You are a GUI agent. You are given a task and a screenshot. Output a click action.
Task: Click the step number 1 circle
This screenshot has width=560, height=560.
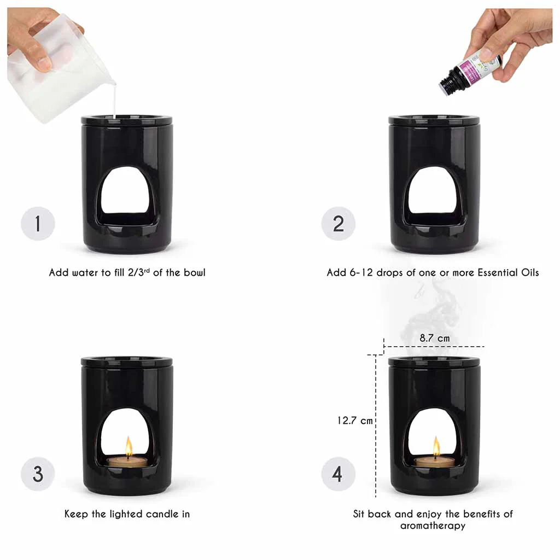(38, 224)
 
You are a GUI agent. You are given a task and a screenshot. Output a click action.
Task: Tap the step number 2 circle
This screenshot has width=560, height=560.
(338, 224)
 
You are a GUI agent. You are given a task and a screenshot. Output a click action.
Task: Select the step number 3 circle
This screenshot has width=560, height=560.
(38, 474)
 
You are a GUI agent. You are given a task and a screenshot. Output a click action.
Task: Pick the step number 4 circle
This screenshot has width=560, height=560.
(338, 474)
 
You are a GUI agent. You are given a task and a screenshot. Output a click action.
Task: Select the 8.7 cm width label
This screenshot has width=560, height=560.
(435, 338)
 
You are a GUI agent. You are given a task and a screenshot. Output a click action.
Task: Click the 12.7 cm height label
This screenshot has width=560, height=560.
(355, 421)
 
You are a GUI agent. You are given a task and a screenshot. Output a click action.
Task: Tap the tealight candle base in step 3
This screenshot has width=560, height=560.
(127, 462)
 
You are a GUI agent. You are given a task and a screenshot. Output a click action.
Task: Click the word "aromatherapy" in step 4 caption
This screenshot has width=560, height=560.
(433, 526)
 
